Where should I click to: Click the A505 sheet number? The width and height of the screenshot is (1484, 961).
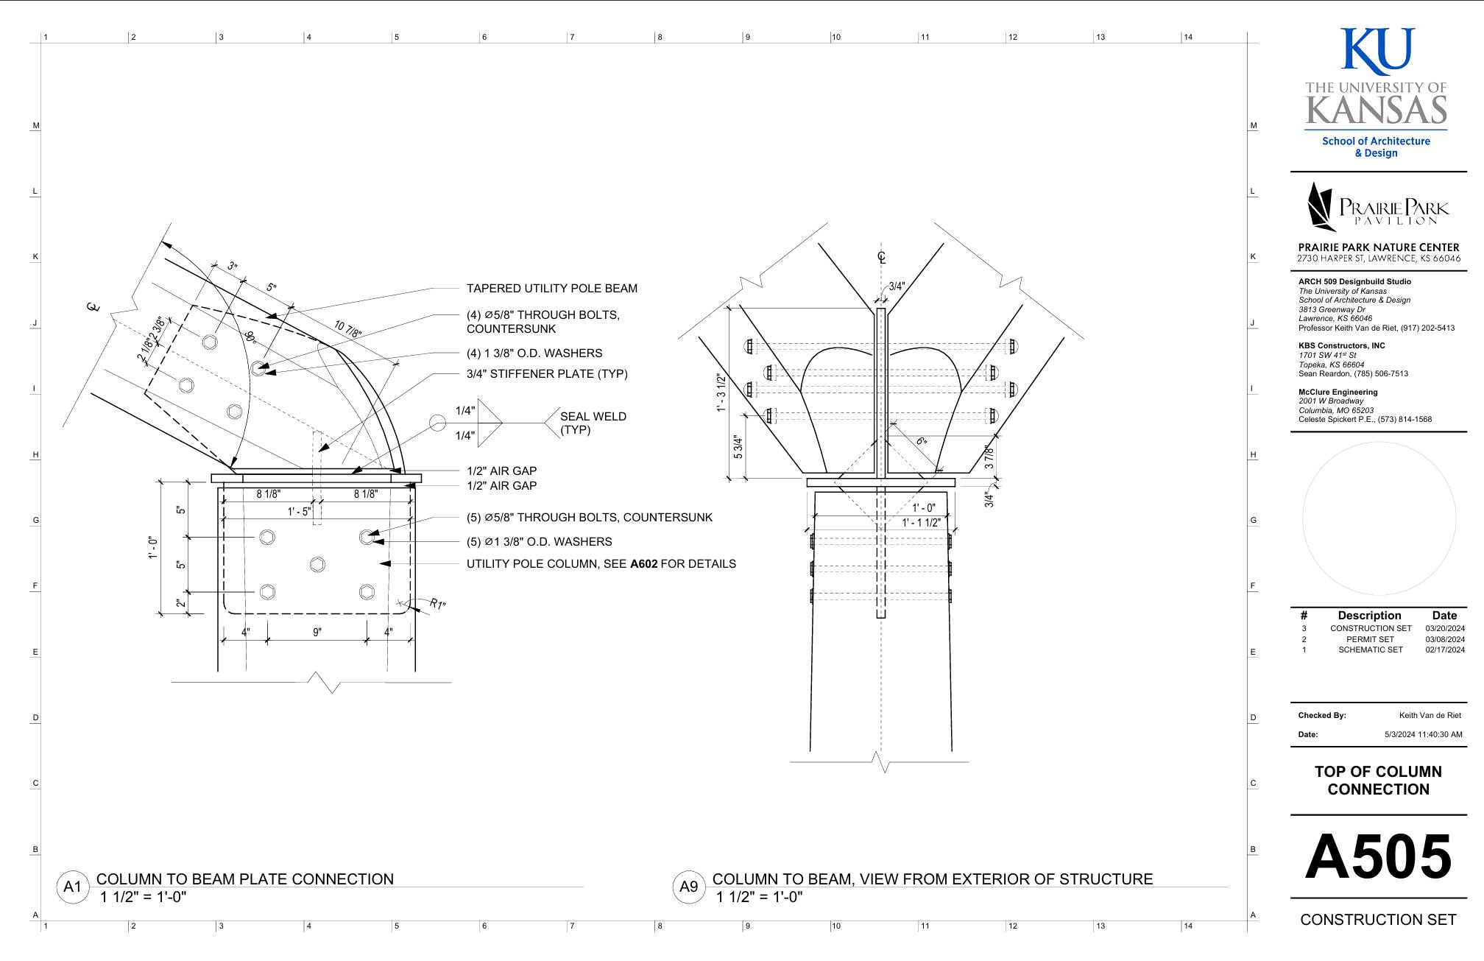(1378, 858)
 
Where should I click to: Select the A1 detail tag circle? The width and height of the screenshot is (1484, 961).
(72, 887)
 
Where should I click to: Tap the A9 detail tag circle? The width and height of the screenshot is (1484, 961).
(688, 887)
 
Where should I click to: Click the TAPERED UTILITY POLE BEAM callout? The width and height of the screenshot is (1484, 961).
(551, 289)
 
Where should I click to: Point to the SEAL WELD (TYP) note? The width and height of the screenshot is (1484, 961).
(593, 423)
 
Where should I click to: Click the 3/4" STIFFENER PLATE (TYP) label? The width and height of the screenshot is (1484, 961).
(547, 374)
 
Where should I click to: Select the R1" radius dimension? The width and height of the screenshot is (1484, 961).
(437, 605)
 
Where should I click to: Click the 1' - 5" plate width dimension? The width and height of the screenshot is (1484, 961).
(300, 511)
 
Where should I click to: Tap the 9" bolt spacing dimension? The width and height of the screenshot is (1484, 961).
(317, 632)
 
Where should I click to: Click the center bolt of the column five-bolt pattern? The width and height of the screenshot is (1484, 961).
(317, 564)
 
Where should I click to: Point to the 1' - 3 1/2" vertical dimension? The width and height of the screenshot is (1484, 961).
(721, 393)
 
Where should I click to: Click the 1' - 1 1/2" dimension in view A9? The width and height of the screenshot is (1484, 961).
(921, 523)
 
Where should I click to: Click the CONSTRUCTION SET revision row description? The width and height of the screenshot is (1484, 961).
(1371, 628)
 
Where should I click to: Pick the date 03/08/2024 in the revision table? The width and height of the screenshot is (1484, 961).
(1444, 639)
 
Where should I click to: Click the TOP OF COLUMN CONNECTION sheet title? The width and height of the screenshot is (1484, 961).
(1378, 781)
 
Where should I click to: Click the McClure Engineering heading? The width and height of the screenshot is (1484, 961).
(1338, 392)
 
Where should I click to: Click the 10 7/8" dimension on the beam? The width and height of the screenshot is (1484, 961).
(348, 328)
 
